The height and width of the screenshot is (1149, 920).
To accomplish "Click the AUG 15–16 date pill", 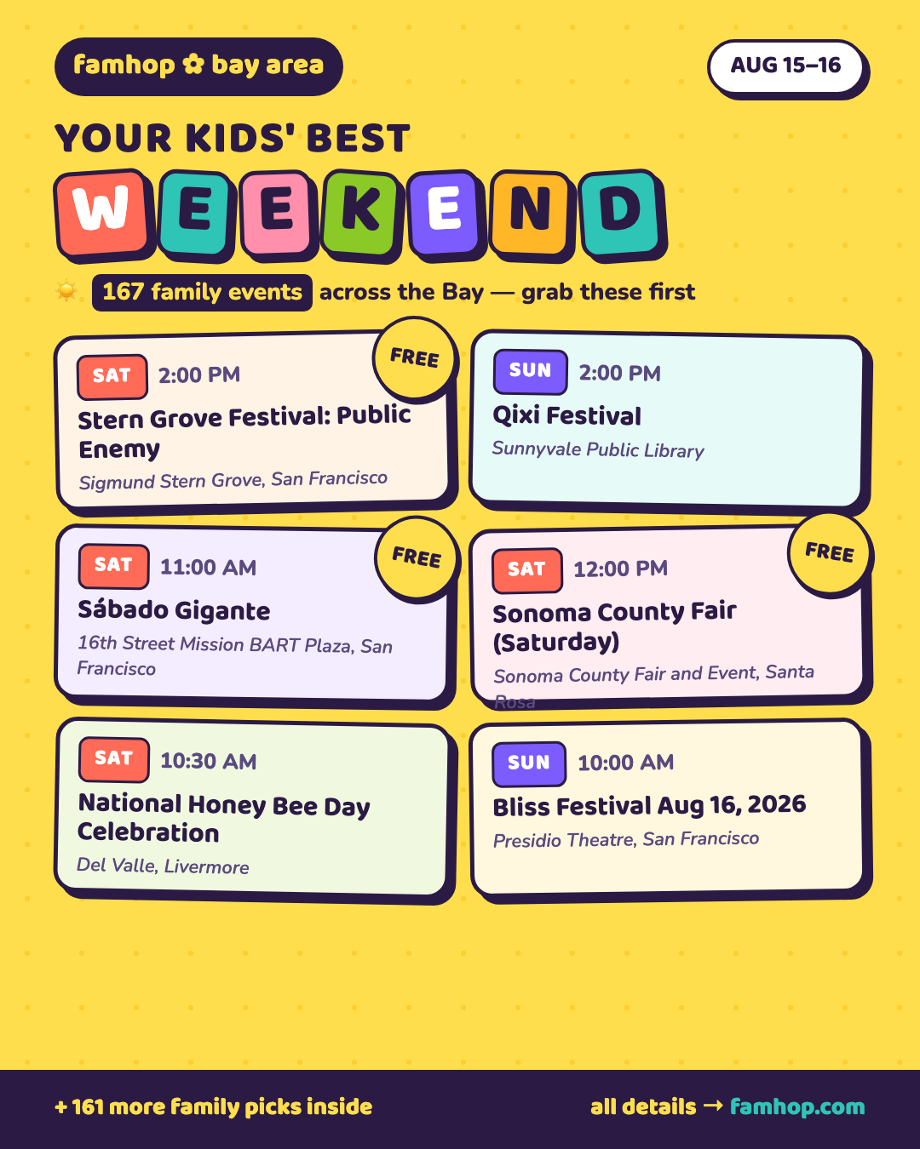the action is [x=785, y=66].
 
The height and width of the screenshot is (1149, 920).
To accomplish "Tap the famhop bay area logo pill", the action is [x=198, y=66].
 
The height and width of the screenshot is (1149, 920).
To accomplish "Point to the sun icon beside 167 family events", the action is [x=66, y=292].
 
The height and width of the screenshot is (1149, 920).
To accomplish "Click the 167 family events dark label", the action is [x=202, y=292].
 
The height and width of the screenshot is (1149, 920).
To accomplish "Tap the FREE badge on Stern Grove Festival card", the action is [x=414, y=357].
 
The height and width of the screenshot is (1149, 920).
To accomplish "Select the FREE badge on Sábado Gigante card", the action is [x=417, y=557].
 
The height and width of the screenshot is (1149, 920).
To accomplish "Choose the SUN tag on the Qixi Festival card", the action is [x=530, y=372].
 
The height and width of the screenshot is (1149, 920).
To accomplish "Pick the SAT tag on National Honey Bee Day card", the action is [x=113, y=758].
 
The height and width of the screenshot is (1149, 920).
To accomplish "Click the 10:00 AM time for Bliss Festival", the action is [x=625, y=763].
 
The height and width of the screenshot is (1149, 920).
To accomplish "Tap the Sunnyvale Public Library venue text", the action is [x=598, y=449].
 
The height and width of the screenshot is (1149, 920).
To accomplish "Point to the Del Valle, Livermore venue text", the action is [x=163, y=866].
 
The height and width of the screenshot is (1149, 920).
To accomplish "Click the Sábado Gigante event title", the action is [x=174, y=610].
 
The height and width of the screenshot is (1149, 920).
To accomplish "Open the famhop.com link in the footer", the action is [x=797, y=1106].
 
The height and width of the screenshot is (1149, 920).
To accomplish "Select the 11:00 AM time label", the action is [x=208, y=568].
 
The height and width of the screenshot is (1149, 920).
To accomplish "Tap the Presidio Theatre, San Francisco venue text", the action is [x=626, y=839].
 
